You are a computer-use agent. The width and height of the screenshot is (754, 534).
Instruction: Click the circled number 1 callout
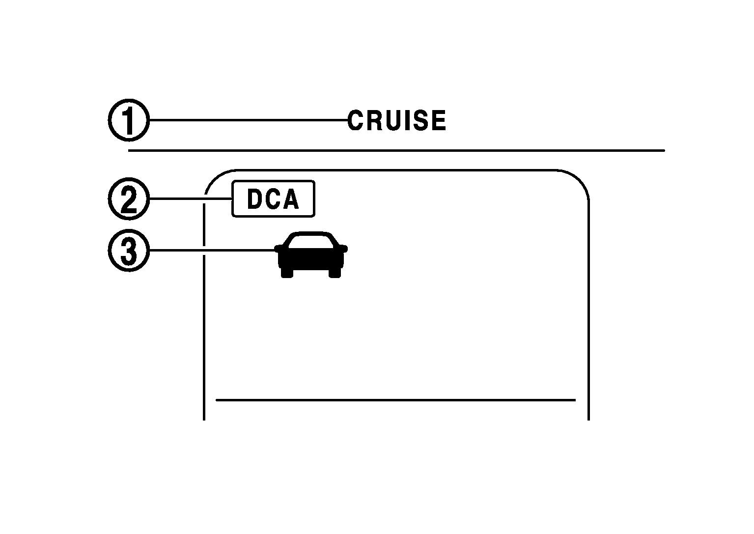point(128,120)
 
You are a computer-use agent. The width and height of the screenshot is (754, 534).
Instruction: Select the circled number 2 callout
point(128,199)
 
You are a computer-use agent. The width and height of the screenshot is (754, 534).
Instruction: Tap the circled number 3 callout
point(128,251)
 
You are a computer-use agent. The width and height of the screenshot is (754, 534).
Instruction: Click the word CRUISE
point(397,121)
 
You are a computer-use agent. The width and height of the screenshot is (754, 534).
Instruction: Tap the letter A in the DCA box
point(291,199)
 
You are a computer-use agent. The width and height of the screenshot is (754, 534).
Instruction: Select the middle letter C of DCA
point(273,199)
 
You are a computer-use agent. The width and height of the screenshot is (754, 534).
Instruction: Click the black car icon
point(311,255)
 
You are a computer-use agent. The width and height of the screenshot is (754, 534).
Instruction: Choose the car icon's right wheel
point(335,273)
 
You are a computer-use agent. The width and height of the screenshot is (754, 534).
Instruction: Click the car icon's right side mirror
point(344,249)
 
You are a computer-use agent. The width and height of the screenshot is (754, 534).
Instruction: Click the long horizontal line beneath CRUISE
point(396,150)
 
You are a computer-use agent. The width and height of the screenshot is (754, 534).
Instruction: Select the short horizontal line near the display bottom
point(395,400)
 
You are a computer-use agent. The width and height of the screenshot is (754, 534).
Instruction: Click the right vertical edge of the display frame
point(588,309)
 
